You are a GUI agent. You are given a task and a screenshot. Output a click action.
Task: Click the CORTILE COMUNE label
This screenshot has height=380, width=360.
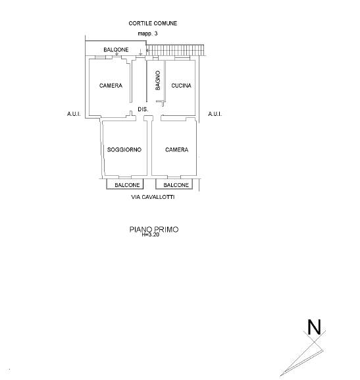pyautogui.click(x=153, y=23)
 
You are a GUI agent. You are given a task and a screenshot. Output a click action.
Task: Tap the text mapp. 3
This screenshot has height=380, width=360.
pyautogui.click(x=147, y=34)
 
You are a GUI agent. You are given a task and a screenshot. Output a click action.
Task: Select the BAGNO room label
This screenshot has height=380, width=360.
pyautogui.click(x=158, y=80)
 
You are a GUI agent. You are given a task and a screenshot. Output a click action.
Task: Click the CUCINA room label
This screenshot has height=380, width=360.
pyautogui.click(x=181, y=86)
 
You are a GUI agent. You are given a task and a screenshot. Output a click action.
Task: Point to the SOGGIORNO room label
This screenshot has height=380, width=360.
pyautogui.click(x=124, y=149)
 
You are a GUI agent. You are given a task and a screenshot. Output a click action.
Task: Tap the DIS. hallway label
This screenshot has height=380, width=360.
pyautogui.click(x=143, y=109)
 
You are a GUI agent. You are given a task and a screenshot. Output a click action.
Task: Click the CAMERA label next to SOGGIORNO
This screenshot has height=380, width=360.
pyautogui.click(x=176, y=149)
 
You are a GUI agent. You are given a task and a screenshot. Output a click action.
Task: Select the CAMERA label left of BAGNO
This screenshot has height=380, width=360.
pyautogui.click(x=111, y=86)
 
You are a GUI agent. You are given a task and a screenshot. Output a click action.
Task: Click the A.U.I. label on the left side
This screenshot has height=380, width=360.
pyautogui.click(x=74, y=114)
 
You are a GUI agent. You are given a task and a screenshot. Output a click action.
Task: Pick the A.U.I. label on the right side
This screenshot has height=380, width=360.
pyautogui.click(x=215, y=114)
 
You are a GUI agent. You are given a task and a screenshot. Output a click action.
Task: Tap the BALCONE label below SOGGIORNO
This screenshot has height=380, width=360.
pyautogui.click(x=127, y=185)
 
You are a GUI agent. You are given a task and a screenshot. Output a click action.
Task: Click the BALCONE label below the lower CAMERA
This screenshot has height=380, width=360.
pyautogui.click(x=176, y=185)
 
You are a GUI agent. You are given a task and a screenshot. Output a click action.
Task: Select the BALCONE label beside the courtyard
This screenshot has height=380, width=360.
pyautogui.click(x=116, y=49)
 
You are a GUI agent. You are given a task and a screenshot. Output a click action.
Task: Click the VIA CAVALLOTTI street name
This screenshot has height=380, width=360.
pyautogui.click(x=153, y=197)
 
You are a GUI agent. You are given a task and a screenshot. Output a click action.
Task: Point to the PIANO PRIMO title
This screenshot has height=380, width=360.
pyautogui.click(x=154, y=229)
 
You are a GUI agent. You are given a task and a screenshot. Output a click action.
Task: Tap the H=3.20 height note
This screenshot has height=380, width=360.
pyautogui.click(x=151, y=234)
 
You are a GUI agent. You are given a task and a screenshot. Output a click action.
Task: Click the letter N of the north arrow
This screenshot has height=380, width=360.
pyautogui.click(x=314, y=327)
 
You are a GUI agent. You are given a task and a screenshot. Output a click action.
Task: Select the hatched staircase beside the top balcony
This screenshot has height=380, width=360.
pyautogui.click(x=176, y=50)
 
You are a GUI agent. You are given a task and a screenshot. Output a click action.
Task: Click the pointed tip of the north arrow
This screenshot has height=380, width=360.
pyautogui.click(x=280, y=375)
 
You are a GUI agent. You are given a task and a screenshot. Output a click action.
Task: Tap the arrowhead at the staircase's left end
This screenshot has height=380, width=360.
pyautogui.click(x=147, y=50)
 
